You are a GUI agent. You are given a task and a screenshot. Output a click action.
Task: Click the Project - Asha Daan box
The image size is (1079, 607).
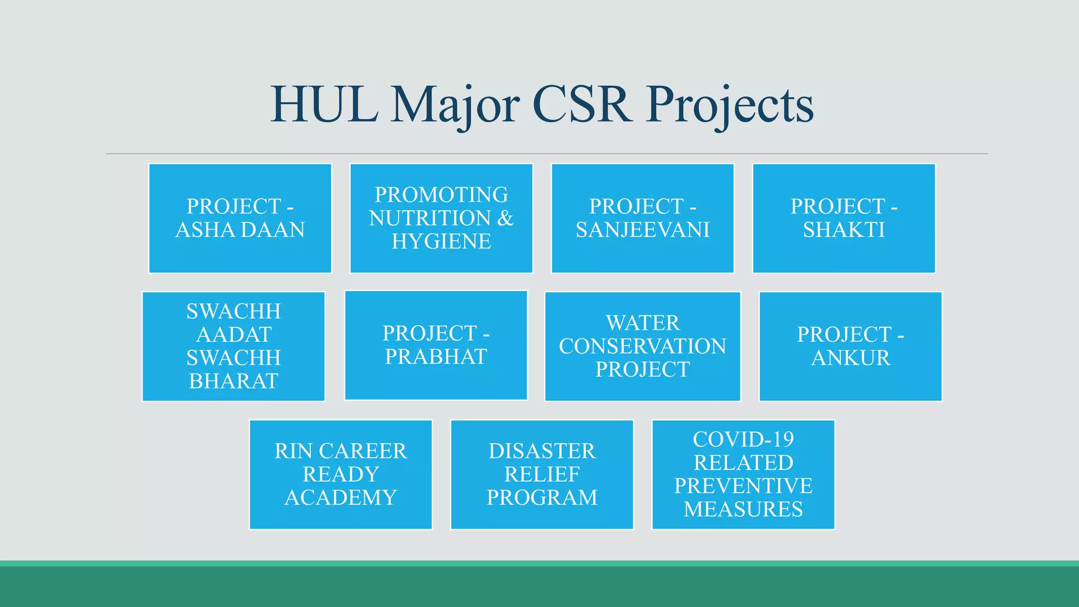click(240, 218)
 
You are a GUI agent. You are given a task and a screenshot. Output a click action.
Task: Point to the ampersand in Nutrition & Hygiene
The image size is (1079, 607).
click(505, 218)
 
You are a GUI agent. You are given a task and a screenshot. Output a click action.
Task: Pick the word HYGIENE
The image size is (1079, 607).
click(442, 241)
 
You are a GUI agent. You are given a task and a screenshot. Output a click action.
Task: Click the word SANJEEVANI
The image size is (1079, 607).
click(643, 230)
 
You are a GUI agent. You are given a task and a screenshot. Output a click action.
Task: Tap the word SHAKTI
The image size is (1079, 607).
click(844, 230)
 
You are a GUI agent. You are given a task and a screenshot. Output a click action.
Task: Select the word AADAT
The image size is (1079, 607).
click(234, 335)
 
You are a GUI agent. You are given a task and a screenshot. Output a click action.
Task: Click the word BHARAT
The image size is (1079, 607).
click(234, 381)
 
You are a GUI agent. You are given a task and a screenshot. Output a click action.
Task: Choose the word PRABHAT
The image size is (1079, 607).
click(436, 357)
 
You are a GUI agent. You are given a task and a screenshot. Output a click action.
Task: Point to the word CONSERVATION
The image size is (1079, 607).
click(643, 346)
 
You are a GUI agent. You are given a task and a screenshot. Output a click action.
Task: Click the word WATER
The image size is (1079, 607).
click(643, 323)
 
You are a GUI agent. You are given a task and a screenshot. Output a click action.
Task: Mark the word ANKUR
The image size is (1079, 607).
click(851, 358)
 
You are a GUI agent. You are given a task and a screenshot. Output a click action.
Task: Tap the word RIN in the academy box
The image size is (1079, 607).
click(293, 451)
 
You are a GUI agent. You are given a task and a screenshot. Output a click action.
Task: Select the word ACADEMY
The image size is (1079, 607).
click(341, 497)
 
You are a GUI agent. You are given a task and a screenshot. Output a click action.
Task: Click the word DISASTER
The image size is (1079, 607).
click(542, 451)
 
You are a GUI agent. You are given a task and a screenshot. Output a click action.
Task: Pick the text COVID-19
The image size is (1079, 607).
click(743, 439)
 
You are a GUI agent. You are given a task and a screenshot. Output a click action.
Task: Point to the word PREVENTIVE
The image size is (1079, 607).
click(743, 486)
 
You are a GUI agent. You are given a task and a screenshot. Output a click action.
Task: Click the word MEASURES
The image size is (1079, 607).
click(743, 509)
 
